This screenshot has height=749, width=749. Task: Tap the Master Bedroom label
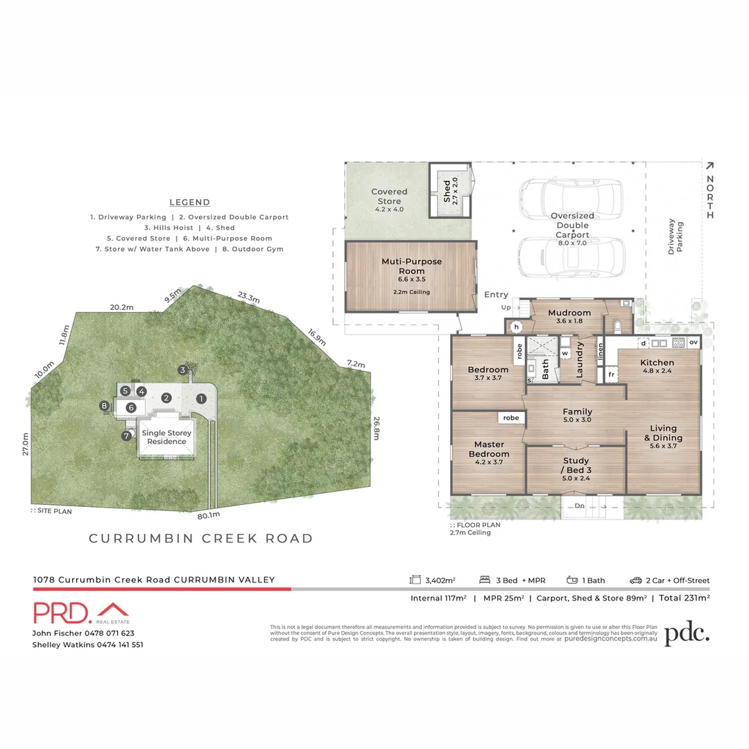pos(489,449)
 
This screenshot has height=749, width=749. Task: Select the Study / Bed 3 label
pos(576,465)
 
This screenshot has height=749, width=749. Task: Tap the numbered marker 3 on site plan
pos(182,370)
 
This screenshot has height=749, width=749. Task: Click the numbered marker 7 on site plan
pos(127,436)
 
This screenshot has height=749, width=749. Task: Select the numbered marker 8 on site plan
pos(105,406)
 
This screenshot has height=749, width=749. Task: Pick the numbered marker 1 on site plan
pos(200,398)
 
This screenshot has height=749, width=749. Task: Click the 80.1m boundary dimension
pos(208,515)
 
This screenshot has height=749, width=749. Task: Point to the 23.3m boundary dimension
pos(248,297)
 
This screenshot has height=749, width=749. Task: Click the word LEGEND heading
pos(189,203)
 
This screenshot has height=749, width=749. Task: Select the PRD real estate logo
pos(82,613)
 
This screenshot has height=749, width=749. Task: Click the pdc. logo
pos(687,634)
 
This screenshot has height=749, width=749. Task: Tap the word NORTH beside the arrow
pos(709,197)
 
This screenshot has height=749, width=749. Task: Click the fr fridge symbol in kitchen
pos(611,374)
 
